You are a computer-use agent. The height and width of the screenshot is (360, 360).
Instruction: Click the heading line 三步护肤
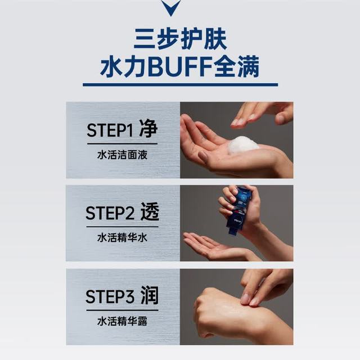(x=181, y=39)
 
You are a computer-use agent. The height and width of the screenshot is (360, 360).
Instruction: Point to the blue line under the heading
(x=180, y=85)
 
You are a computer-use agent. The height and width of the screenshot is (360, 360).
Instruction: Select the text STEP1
(x=110, y=130)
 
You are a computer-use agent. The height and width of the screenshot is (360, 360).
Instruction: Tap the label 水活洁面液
(x=122, y=155)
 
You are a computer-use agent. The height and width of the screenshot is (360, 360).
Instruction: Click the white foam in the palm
(x=243, y=145)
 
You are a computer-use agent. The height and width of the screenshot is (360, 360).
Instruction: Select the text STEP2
(x=110, y=213)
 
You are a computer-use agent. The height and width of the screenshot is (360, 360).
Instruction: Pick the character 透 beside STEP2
(x=150, y=211)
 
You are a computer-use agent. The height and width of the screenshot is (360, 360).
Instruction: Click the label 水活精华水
(x=122, y=237)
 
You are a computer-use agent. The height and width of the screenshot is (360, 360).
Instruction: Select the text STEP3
(x=110, y=296)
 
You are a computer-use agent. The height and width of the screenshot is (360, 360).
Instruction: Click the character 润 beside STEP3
(x=150, y=295)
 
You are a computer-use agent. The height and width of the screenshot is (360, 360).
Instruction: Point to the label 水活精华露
(x=122, y=321)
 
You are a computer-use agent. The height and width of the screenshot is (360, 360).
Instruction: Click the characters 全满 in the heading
(x=237, y=66)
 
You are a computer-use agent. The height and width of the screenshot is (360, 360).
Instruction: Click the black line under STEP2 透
(x=123, y=227)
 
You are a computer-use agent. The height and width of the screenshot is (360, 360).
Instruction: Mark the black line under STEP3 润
(x=123, y=310)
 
